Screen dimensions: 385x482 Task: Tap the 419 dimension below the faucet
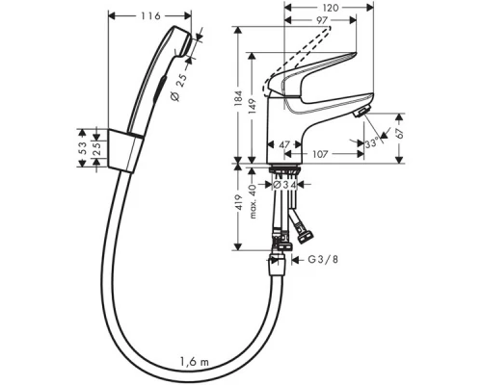[x=241, y=207]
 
